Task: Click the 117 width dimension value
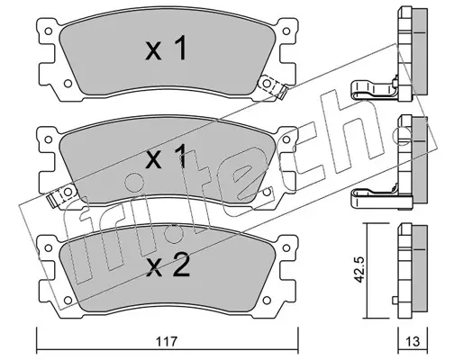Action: pyautogui.click(x=167, y=342)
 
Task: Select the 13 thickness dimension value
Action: pyautogui.click(x=413, y=342)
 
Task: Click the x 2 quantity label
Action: pyautogui.click(x=168, y=265)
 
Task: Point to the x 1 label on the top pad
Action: pyautogui.click(x=166, y=48)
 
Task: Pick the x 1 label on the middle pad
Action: pyautogui.click(x=166, y=156)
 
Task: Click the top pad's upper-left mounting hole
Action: pyautogui.click(x=48, y=31)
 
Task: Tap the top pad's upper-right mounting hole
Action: pyautogui.click(x=286, y=31)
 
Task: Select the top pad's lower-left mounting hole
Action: pyautogui.click(x=68, y=84)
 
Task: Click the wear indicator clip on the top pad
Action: pyautogui.click(x=273, y=86)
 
